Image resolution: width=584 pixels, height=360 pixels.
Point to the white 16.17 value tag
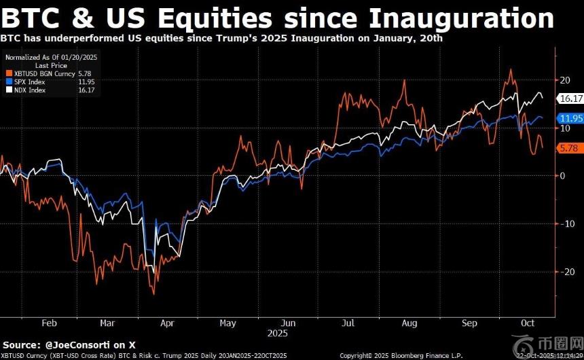[x=570, y=98]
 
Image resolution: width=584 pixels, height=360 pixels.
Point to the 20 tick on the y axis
[x=564, y=80]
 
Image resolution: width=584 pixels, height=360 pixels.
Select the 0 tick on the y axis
[x=562, y=175]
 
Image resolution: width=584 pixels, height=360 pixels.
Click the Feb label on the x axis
[x=49, y=323]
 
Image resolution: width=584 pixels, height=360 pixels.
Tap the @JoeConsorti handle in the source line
[x=82, y=344]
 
